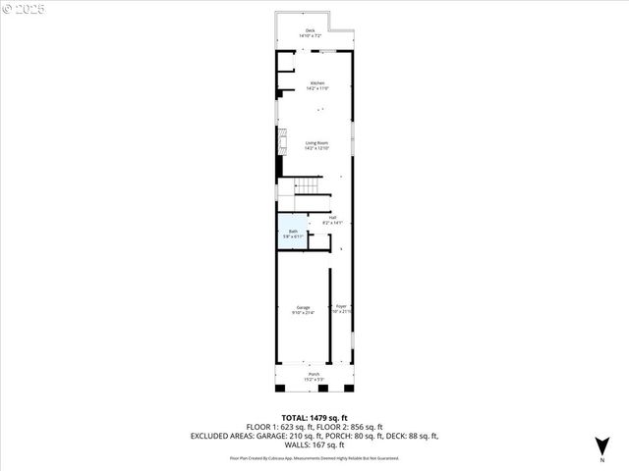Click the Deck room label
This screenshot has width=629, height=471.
[311, 31]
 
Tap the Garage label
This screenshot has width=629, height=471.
[304, 307]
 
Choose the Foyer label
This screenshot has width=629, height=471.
[341, 306]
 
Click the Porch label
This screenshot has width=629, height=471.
[314, 374]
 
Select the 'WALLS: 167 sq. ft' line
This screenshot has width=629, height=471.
[314, 446]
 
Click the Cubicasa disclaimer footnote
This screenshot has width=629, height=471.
[314, 457]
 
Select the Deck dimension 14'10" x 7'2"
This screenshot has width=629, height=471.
[311, 36]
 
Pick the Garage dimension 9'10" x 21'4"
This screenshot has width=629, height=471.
[304, 313]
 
